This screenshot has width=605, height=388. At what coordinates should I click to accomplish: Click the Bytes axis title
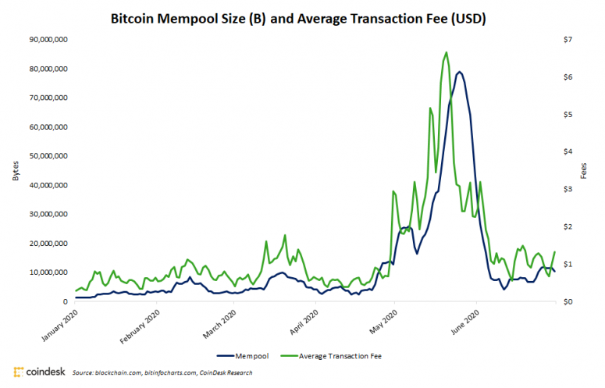[15, 170]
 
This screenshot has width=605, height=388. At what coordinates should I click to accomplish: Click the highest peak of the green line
[446, 53]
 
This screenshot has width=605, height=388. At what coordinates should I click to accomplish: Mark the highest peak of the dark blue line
[460, 72]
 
